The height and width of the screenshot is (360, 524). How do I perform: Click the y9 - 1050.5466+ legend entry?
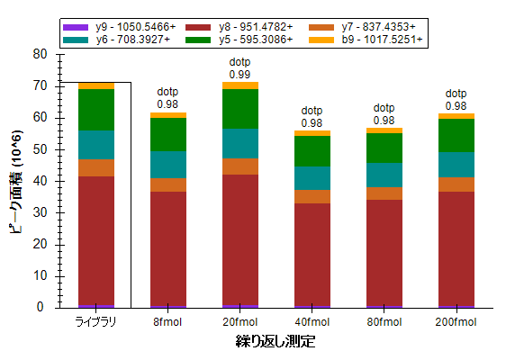point(119,27)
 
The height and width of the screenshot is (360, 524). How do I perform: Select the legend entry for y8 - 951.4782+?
point(239,27)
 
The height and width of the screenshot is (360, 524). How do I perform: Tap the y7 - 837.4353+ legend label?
point(362,27)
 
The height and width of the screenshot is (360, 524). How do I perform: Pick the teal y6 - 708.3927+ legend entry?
point(116,40)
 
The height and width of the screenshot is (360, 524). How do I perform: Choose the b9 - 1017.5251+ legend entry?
point(366,40)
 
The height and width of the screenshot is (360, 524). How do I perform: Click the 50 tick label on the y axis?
point(40,149)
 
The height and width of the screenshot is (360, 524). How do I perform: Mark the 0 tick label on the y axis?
point(41,307)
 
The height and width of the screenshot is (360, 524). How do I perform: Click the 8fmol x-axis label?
point(167,322)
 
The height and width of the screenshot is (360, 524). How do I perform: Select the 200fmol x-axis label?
point(456,322)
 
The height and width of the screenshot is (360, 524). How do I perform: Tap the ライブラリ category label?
point(96,322)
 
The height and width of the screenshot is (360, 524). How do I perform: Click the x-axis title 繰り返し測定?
point(276,341)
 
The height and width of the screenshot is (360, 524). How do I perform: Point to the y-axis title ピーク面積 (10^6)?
point(15,183)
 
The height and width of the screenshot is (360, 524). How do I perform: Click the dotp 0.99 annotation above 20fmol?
point(240,68)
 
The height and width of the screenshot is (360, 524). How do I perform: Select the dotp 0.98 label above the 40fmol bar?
point(312,117)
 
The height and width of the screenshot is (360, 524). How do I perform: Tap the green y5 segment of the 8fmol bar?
point(168,135)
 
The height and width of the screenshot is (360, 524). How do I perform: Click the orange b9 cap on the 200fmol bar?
point(456,116)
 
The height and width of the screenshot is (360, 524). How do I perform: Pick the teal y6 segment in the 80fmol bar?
point(384,175)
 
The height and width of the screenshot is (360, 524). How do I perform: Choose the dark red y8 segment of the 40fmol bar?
point(312,255)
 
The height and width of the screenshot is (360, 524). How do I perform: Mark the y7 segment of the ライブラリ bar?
point(96,168)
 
